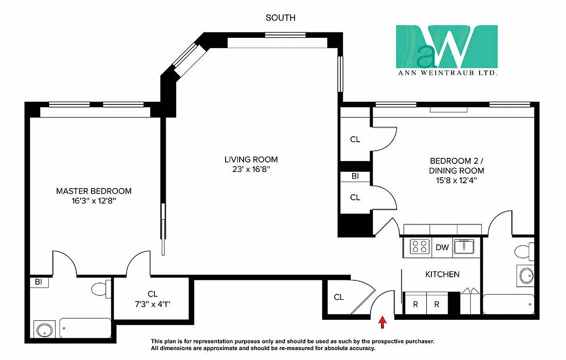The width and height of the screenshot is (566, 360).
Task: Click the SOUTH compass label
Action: (x=281, y=18)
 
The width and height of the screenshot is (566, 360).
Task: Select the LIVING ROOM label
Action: (x=251, y=159)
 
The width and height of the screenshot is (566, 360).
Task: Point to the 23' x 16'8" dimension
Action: (x=251, y=170)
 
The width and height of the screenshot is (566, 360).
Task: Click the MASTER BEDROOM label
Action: (x=94, y=191)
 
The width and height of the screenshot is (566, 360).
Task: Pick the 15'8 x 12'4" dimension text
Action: (x=457, y=181)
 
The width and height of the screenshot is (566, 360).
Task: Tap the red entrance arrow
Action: (x=382, y=322)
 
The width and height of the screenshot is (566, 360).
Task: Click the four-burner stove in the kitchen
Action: (x=420, y=247)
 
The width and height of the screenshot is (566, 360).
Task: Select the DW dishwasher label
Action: (x=442, y=247)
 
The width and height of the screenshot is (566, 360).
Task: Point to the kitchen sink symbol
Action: (x=464, y=247)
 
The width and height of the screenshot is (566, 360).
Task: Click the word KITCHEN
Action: (x=442, y=274)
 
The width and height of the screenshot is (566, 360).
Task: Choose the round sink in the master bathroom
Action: (x=44, y=329)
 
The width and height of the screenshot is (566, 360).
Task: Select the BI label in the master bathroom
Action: (x=39, y=282)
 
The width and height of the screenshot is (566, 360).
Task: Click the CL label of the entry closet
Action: (x=339, y=297)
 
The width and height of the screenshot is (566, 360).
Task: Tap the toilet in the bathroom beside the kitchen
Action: (x=524, y=251)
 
